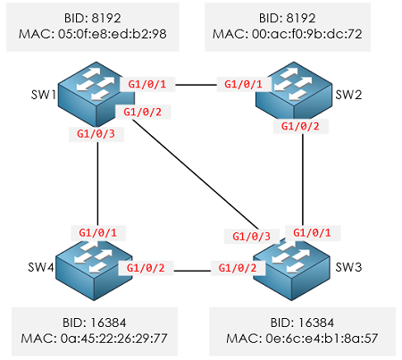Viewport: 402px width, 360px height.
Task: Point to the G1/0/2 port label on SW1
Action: tap(140, 112)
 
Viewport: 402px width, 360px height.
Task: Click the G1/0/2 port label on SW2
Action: tap(299, 126)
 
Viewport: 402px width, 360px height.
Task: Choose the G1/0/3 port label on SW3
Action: tap(250, 237)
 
